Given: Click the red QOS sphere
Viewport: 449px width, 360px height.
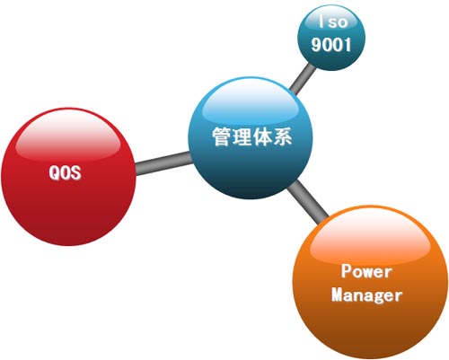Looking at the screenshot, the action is pos(68,177).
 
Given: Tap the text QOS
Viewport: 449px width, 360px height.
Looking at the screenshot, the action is pos(65,173).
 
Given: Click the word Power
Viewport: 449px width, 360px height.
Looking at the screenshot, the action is pos(366,271).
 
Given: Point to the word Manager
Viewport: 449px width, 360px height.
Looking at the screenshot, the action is pos(366,295).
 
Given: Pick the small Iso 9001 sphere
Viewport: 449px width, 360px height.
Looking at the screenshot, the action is pos(331,38).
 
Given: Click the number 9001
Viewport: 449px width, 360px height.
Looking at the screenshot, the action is pos(331,45).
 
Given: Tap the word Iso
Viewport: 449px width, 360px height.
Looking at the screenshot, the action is pos(332,22).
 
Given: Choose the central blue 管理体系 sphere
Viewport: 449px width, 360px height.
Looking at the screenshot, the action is pos(251,138).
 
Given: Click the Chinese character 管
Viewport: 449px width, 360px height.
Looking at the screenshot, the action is pos(222,137).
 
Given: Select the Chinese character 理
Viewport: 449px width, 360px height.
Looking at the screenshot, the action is pos(242,137).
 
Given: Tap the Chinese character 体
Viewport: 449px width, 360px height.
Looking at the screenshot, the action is pos(262,137).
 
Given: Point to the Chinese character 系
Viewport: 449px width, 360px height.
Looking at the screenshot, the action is pos(282,137).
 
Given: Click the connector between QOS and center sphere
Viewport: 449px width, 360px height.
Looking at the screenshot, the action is pos(163,163).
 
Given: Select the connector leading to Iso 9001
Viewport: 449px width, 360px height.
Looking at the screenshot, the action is pos(303,79).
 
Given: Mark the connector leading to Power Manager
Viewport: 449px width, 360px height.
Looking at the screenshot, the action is pos(308,201).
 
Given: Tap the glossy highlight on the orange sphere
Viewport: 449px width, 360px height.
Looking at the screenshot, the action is pos(370,239).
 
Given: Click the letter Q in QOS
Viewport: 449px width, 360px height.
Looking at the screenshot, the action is pos(55,173).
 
